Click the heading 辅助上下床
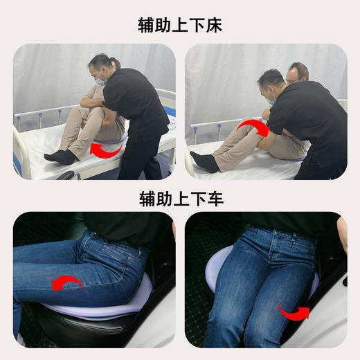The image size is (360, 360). [180, 26]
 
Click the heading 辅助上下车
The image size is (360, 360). [180, 199]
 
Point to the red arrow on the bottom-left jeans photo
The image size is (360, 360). [67, 282]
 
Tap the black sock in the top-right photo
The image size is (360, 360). [205, 162]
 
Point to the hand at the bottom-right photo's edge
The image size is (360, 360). [341, 235]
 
